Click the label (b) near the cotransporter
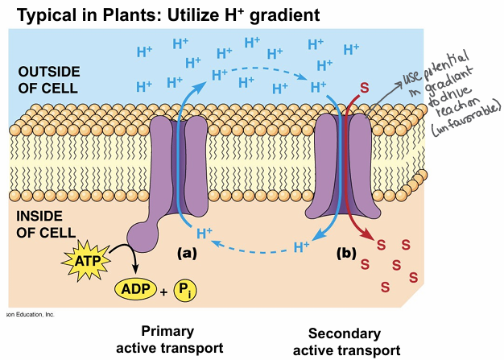tap(346, 252)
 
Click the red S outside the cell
tap(363, 85)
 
